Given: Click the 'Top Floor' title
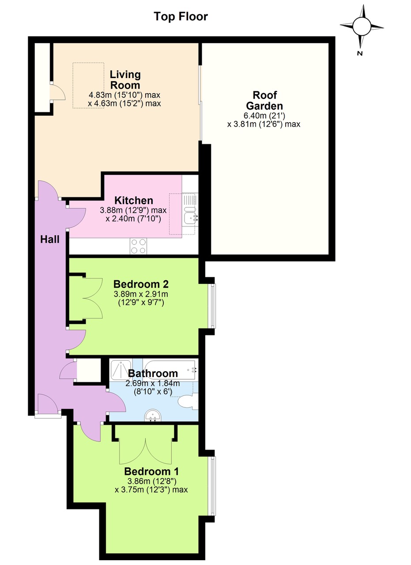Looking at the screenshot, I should coord(181,17).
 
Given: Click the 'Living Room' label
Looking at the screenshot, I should coord(125,80).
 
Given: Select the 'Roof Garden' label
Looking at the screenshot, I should coord(264,101).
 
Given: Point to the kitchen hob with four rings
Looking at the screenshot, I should coord(139,246).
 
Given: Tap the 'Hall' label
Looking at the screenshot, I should coord(49,240).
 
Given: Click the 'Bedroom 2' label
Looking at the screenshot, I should coord(141,284).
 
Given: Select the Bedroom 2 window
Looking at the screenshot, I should coord(212,306).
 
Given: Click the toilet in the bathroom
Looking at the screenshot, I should coord(187,401).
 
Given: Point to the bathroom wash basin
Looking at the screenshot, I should coord(154,415).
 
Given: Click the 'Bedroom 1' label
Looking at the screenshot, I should coord(151,471).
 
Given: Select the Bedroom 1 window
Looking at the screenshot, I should coord(212,486).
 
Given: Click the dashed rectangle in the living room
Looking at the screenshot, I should coord(88,85).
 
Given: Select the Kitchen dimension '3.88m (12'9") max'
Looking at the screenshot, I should coord(127,211).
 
